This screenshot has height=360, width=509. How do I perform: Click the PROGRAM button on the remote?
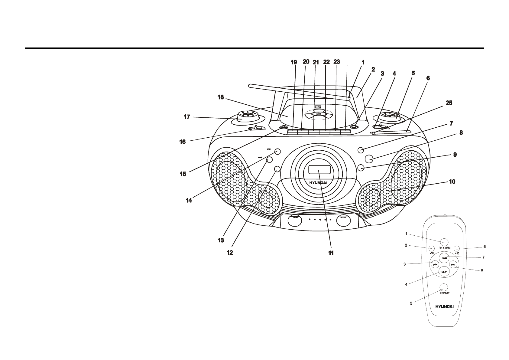click(444, 242)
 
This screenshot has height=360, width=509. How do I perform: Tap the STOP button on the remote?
click(444, 272)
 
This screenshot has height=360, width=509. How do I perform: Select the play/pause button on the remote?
click(444, 258)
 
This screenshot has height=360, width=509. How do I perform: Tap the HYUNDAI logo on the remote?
click(444, 306)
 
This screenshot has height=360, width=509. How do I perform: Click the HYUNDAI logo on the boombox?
click(319, 182)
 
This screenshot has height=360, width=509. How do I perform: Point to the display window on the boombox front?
click(319, 170)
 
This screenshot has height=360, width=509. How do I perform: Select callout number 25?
click(449, 103)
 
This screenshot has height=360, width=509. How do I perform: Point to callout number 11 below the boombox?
click(331, 253)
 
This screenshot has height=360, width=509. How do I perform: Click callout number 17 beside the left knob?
click(187, 117)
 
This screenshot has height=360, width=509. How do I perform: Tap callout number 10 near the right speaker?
click(452, 182)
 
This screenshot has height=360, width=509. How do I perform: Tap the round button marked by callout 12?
click(277, 169)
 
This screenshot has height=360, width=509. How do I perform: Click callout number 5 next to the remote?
click(411, 303)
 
